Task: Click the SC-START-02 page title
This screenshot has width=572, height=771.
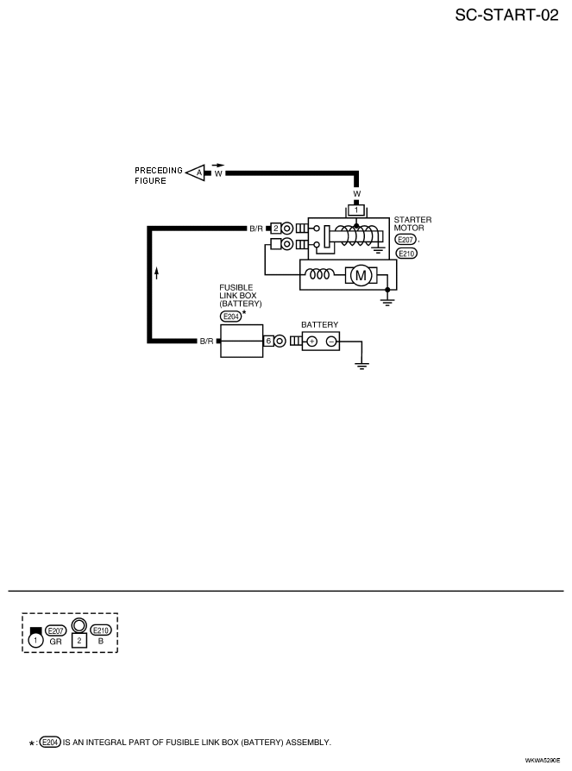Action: pyautogui.click(x=506, y=16)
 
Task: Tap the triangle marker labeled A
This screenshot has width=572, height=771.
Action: pyautogui.click(x=197, y=172)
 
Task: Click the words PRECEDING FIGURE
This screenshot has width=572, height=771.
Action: pyautogui.click(x=159, y=176)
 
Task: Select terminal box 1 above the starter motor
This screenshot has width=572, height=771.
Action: pyautogui.click(x=356, y=210)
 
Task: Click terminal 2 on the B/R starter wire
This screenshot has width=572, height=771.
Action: pyautogui.click(x=276, y=229)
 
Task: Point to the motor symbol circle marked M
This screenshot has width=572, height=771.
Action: pyautogui.click(x=361, y=275)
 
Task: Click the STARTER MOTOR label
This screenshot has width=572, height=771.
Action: pyautogui.click(x=412, y=223)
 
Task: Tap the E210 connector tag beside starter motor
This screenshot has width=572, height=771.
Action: pyautogui.click(x=406, y=254)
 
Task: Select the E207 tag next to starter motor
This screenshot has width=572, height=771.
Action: pyautogui.click(x=405, y=240)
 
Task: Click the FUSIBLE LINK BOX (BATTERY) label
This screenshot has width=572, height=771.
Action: pyautogui.click(x=241, y=296)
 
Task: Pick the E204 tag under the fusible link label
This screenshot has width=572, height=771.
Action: pyautogui.click(x=230, y=317)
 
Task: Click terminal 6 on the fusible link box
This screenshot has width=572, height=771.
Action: pyautogui.click(x=268, y=341)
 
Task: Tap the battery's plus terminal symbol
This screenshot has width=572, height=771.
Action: pyautogui.click(x=311, y=342)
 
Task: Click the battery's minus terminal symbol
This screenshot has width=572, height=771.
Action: pyautogui.click(x=332, y=342)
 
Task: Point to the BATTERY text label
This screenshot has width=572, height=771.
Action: pyautogui.click(x=320, y=324)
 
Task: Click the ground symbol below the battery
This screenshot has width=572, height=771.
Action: pyautogui.click(x=362, y=366)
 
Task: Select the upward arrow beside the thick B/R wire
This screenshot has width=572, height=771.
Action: pyautogui.click(x=156, y=273)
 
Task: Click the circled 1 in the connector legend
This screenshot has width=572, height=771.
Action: pyautogui.click(x=35, y=640)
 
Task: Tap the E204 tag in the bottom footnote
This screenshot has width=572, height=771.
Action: pyautogui.click(x=50, y=743)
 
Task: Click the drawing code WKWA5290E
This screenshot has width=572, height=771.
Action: pyautogui.click(x=542, y=760)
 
